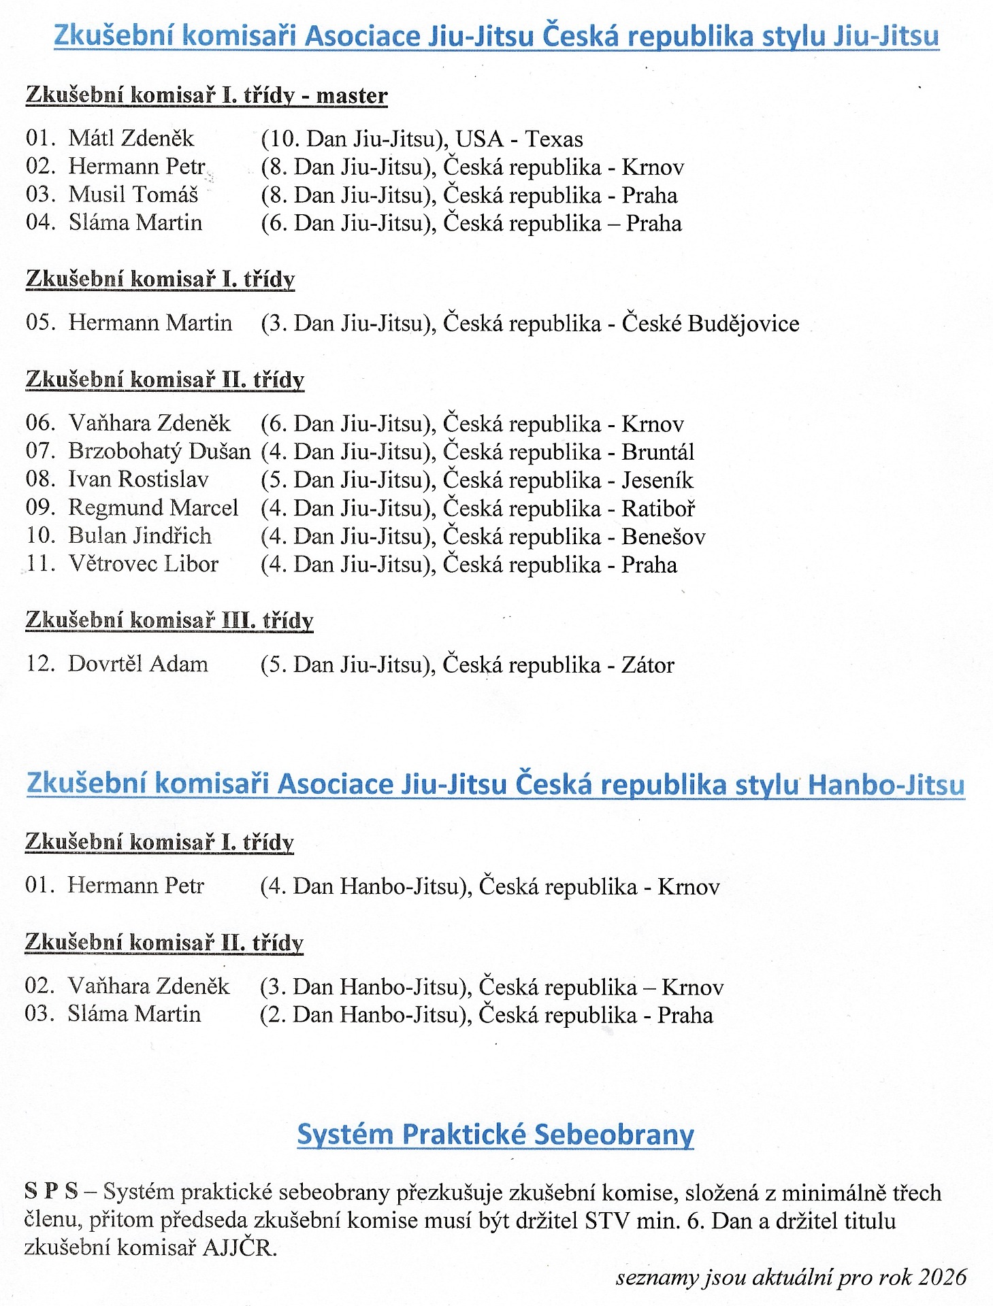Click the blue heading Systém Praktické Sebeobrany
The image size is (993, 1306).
tap(495, 1135)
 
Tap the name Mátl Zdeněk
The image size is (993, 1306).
tap(131, 139)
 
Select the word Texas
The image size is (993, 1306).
tap(554, 139)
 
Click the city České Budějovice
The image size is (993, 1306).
tap(711, 323)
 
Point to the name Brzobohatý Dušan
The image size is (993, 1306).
tap(159, 452)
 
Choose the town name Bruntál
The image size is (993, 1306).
tap(658, 452)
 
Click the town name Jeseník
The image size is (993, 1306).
tap(657, 480)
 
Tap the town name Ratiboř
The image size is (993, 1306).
tap(658, 509)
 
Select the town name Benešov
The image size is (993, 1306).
tap(664, 537)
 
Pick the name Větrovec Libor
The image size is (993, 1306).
tap(143, 565)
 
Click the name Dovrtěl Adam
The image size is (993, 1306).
tap(138, 664)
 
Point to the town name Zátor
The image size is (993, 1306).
tap(648, 665)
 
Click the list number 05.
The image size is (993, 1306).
tap(40, 322)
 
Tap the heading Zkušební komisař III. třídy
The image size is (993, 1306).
tap(169, 620)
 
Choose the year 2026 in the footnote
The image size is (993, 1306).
tap(942, 1277)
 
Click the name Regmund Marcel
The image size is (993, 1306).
tap(153, 508)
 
